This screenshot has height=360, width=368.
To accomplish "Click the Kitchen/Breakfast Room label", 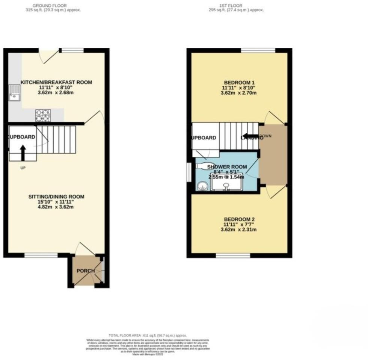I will click(x=56, y=82).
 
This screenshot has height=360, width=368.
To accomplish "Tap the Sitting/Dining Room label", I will click(x=56, y=197).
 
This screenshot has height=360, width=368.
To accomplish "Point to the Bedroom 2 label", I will click(x=239, y=219).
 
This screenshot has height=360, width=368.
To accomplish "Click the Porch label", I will click(x=86, y=271).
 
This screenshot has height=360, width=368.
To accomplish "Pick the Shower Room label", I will click(x=227, y=167).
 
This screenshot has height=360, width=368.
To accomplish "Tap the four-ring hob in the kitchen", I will click(x=43, y=115).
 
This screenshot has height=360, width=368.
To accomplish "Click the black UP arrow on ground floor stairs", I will click(x=23, y=153).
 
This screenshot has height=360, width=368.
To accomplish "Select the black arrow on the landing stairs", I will click(x=248, y=137).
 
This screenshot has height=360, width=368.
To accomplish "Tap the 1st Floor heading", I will click(x=236, y=6).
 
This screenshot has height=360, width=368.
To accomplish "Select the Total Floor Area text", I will click(x=147, y=335).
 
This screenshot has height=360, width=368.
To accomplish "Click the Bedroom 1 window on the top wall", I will click(x=258, y=50).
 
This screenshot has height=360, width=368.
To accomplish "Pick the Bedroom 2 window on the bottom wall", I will click(x=233, y=256).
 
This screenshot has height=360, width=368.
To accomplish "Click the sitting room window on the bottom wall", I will click(x=41, y=256).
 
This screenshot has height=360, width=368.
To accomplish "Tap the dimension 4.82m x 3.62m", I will click(x=56, y=207).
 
